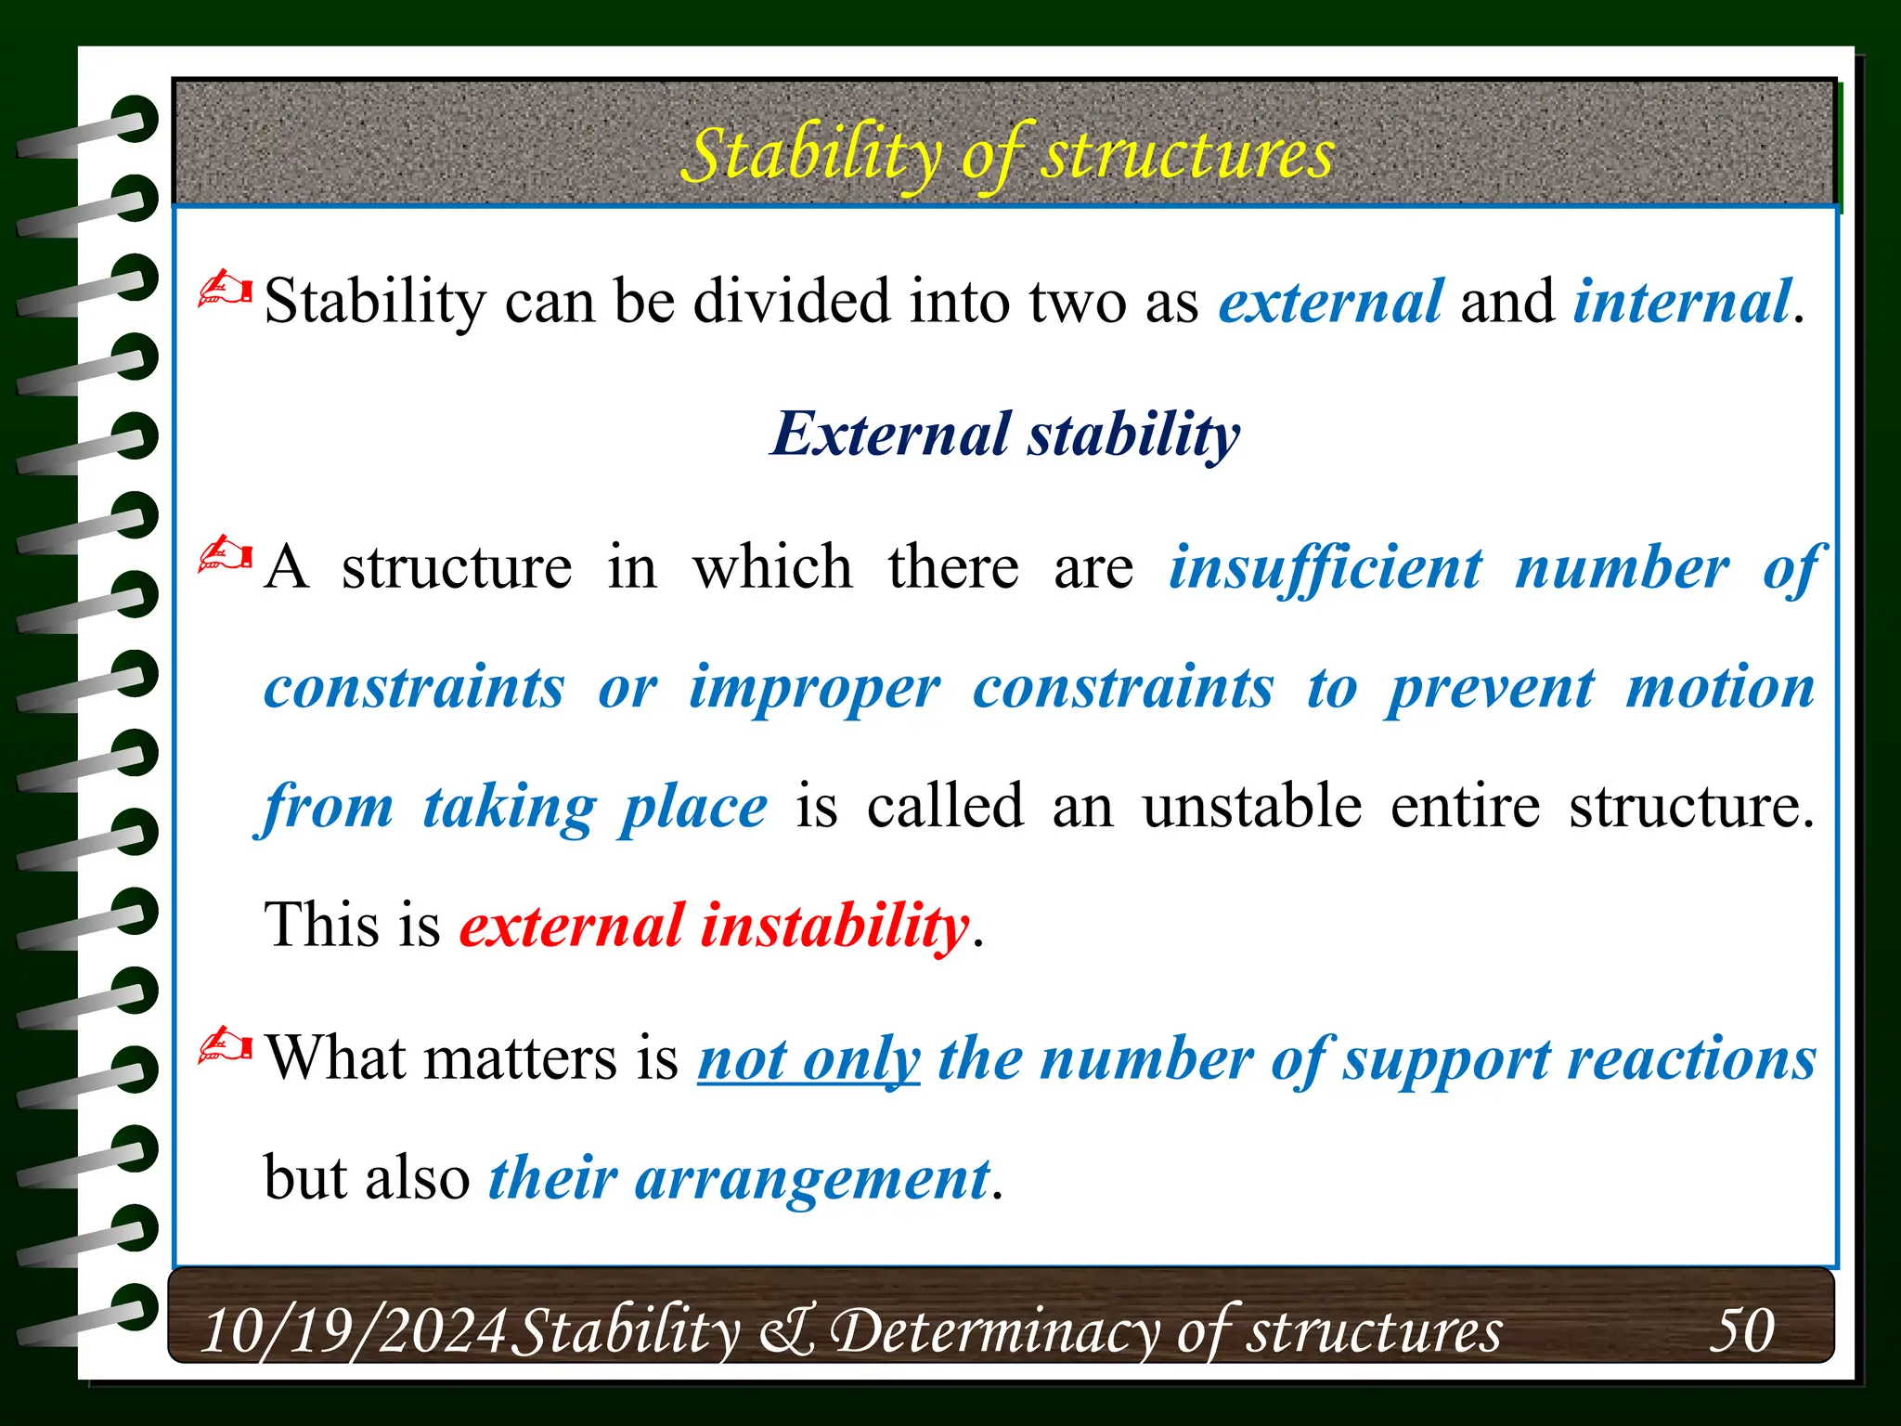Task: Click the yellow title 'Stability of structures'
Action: [1006, 154]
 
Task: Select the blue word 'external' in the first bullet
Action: [1330, 302]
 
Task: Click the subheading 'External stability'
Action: [1005, 434]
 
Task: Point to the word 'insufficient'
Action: [1325, 567]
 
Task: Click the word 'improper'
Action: [813, 688]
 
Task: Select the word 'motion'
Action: [1720, 688]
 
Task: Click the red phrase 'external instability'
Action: [714, 926]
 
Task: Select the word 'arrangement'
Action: [812, 1179]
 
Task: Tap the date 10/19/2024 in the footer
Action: [353, 1330]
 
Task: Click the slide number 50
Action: [1741, 1329]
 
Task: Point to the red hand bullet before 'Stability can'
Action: [226, 290]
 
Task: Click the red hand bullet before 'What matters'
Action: [226, 1046]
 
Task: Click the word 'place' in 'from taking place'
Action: [693, 806]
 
